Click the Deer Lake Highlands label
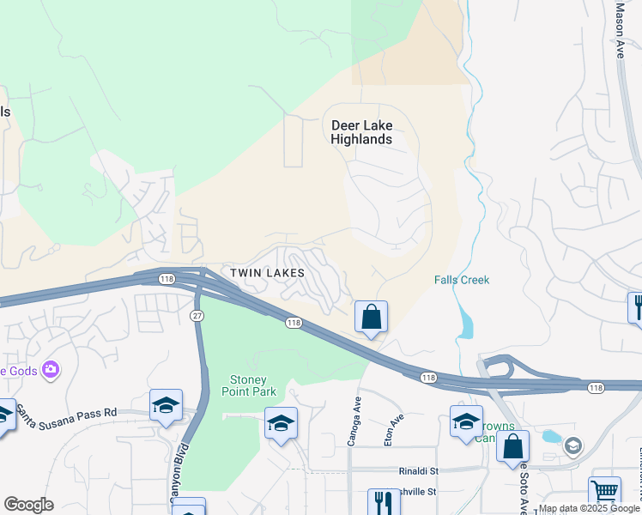(361, 132)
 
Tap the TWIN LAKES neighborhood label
(268, 272)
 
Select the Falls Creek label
(461, 280)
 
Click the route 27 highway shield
(197, 317)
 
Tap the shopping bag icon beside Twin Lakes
(371, 317)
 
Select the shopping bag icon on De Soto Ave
(512, 446)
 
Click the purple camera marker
(51, 370)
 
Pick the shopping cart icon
(604, 492)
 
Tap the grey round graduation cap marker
(572, 445)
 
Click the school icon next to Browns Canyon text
(466, 421)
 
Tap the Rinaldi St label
(418, 470)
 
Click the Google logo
(28, 505)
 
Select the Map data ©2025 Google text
(589, 508)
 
